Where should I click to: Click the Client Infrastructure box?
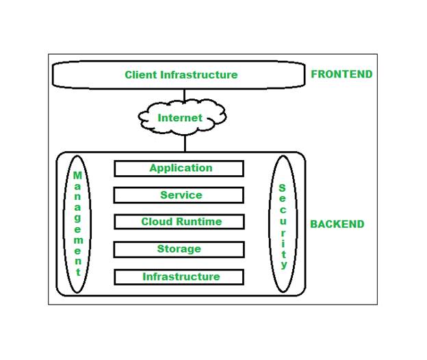(x=179, y=75)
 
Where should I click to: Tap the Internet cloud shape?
(x=181, y=118)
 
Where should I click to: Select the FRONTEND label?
(x=341, y=74)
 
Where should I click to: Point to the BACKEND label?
(x=337, y=224)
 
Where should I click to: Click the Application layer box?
(x=179, y=168)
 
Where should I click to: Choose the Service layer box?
(x=179, y=195)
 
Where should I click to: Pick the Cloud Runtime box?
(x=179, y=222)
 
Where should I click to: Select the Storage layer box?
(x=179, y=249)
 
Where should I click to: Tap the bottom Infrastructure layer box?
(x=179, y=277)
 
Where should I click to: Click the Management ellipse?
(x=78, y=223)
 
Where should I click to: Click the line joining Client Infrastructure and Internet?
(x=184, y=97)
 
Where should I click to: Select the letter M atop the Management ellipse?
(x=78, y=175)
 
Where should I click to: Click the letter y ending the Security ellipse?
(x=283, y=265)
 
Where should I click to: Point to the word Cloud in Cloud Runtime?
(x=157, y=222)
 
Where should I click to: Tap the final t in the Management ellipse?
(x=78, y=272)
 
